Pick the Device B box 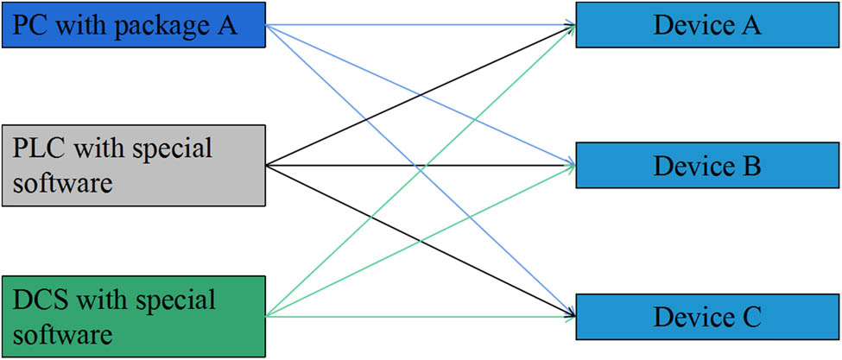706,164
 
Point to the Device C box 706,317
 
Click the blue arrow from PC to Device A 415,25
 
